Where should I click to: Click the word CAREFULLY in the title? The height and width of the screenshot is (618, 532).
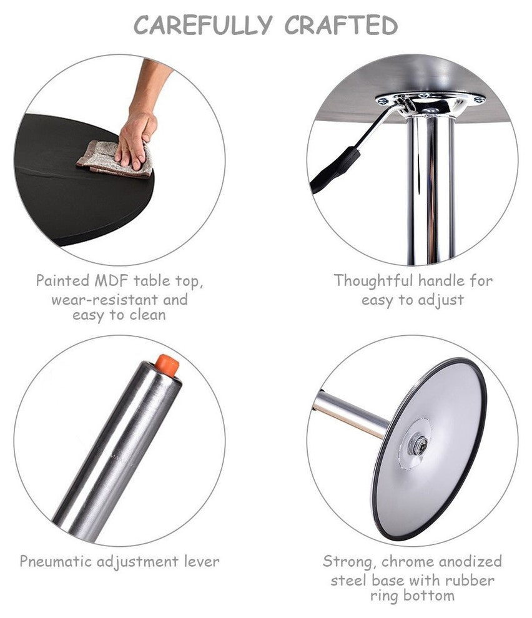(203, 25)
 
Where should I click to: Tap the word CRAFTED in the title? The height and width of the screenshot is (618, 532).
(341, 25)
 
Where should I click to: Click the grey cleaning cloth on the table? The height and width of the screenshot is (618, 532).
(114, 159)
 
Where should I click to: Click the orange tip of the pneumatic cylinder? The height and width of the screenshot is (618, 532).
(167, 365)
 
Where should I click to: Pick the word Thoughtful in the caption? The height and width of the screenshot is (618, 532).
(374, 281)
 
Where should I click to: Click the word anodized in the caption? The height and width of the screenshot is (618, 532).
(470, 561)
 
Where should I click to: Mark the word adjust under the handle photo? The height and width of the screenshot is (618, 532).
(441, 300)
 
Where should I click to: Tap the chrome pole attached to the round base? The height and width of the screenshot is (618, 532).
(351, 413)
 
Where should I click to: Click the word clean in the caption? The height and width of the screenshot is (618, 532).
(147, 315)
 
